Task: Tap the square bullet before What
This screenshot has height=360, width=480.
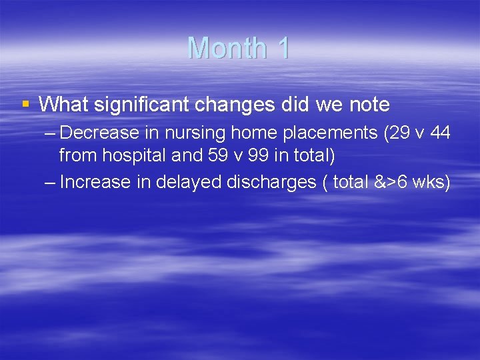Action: pos(26,104)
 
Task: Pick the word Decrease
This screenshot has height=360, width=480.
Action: pos(98,133)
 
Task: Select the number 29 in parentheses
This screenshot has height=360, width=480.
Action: pos(395,133)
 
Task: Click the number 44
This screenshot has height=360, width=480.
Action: pos(440,133)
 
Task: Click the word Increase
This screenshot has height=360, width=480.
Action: pos(95,181)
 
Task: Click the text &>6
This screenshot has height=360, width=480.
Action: pos(387,182)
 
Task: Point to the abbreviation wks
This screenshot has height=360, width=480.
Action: pos(431,182)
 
